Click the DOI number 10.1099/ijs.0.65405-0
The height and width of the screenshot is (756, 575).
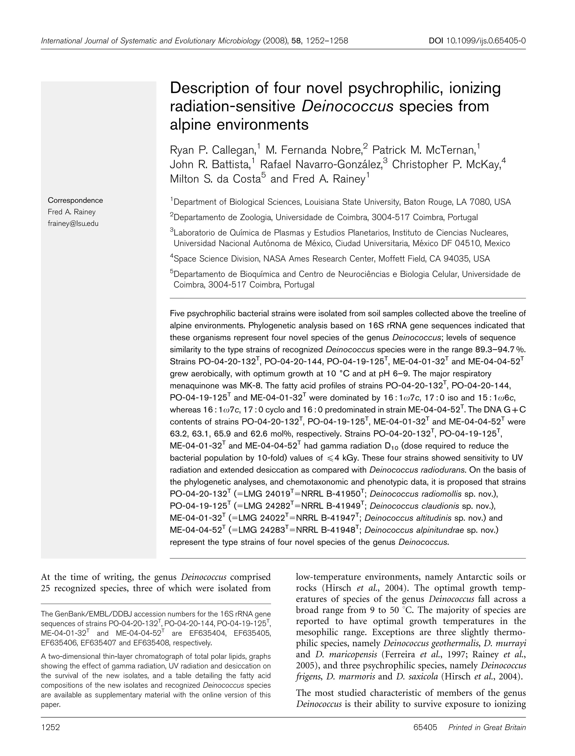486,41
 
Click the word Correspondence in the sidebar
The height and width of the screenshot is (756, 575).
75,200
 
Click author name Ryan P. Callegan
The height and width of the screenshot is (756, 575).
213,150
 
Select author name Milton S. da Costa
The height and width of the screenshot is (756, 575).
215,179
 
